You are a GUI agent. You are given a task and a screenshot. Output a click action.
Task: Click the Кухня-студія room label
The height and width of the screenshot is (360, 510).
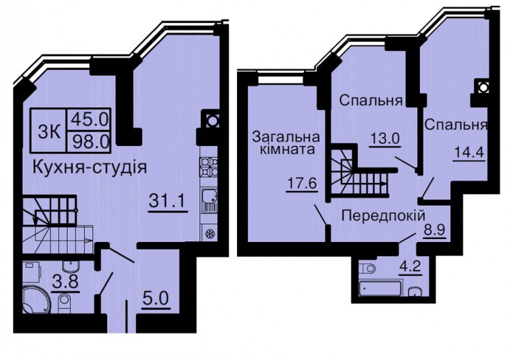pyautogui.click(x=90, y=168)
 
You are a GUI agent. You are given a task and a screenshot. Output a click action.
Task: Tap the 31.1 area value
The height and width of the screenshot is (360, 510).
pyautogui.click(x=167, y=201)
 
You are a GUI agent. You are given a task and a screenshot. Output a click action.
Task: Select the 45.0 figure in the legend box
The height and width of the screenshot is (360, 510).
pyautogui.click(x=89, y=119)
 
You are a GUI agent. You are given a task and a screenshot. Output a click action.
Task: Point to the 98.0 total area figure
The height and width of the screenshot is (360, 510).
pyautogui.click(x=90, y=141)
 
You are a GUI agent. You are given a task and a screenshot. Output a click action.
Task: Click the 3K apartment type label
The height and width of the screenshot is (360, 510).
pyautogui.click(x=48, y=132)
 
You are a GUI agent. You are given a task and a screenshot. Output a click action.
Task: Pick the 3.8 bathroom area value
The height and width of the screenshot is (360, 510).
pyautogui.click(x=66, y=281)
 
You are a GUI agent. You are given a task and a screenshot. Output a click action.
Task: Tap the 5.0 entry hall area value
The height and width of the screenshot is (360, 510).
pyautogui.click(x=156, y=298)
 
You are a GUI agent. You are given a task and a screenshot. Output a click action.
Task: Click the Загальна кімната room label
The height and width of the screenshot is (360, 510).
pyautogui.click(x=286, y=143)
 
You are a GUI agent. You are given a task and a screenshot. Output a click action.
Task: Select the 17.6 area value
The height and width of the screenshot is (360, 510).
pyautogui.click(x=302, y=184)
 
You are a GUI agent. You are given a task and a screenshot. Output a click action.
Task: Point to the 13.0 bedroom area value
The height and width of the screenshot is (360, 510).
pyautogui.click(x=385, y=139)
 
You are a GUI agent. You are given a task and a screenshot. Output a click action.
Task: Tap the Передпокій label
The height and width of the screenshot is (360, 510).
pyautogui.click(x=383, y=215)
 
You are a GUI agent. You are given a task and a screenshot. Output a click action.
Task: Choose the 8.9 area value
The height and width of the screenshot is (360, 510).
pyautogui.click(x=434, y=230)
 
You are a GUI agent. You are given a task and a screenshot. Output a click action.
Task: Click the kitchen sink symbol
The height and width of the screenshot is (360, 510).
pyautogui.click(x=210, y=199)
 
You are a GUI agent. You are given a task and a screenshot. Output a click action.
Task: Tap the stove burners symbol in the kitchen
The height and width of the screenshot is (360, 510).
pyautogui.click(x=210, y=166)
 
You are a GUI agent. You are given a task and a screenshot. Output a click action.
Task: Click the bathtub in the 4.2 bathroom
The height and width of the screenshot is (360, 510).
pyautogui.click(x=379, y=289)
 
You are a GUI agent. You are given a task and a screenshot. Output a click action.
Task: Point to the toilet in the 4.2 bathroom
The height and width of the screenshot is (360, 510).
pyautogui.click(x=368, y=269)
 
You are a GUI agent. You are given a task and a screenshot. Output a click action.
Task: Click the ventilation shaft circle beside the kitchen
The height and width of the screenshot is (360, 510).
pyautogui.click(x=211, y=121)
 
